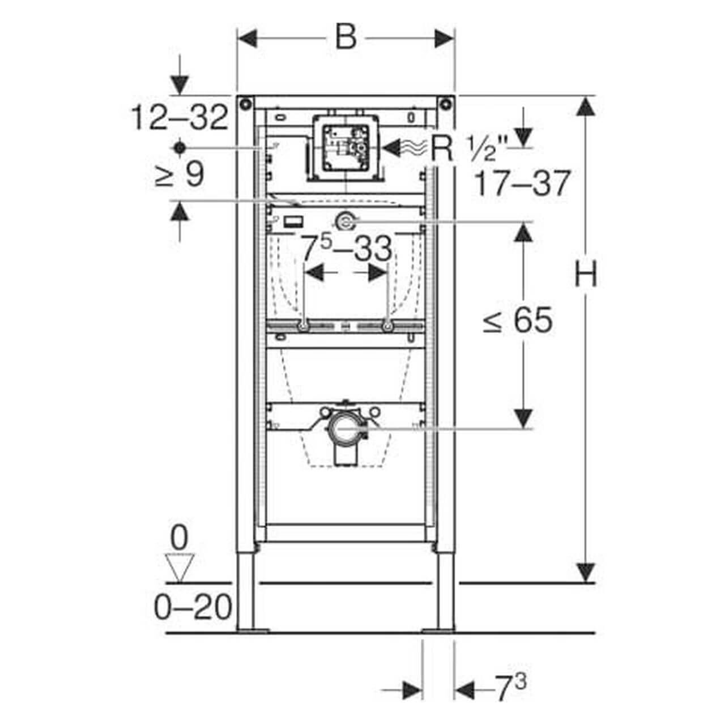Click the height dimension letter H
pos(586,274)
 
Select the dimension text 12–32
pos(180,118)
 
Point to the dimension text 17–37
pos(521,184)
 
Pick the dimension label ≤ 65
pos(517,321)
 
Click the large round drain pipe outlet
pos(346,430)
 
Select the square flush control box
pos(345,148)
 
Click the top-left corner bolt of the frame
pos(245,104)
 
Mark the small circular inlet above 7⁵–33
pos(345,221)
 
